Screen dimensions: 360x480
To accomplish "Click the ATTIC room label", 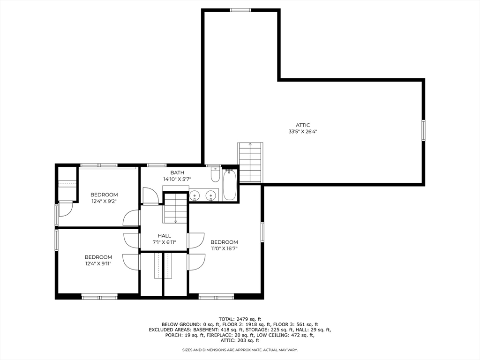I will click(302, 125).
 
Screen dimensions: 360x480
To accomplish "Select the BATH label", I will click(177, 172).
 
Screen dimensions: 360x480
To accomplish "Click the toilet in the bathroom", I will click(215, 175).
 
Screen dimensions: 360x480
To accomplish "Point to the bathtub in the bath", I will click(229, 187).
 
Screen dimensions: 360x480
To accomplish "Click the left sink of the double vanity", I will click(195, 195).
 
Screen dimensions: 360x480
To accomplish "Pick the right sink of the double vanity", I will click(211, 195).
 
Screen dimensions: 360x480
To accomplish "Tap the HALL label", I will click(164, 236).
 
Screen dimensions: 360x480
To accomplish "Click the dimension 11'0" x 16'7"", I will click(224, 248).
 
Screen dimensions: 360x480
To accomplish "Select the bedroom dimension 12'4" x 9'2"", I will click(104, 201).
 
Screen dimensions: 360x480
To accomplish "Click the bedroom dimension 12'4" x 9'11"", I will click(98, 263).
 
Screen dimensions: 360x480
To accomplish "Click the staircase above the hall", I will click(175, 208).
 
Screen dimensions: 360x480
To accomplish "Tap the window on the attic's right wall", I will click(423, 130).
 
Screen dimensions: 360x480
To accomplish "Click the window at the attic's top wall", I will click(240, 10).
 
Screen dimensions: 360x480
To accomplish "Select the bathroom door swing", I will click(150, 196).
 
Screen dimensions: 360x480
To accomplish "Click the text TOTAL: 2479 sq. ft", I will click(240, 319).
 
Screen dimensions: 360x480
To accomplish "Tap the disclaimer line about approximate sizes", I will click(240, 350).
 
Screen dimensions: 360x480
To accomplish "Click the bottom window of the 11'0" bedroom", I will click(216, 296).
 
